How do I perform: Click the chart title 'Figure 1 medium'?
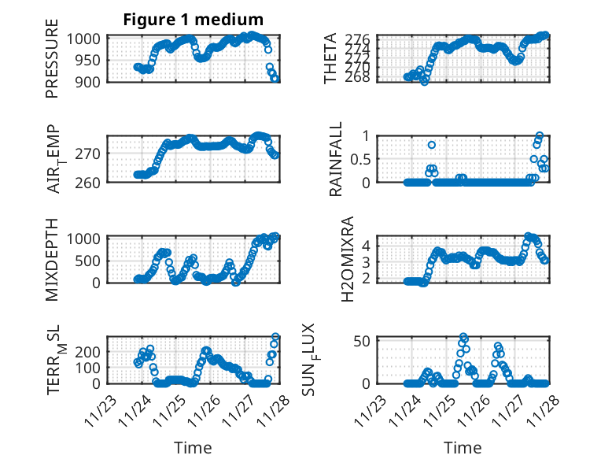tap(193, 19)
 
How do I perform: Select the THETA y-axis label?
tap(331, 59)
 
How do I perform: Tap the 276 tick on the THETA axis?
tap(359, 39)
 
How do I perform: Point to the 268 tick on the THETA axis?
tap(359, 77)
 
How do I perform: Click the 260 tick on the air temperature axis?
tap(90, 182)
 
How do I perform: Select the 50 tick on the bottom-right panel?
tap(363, 340)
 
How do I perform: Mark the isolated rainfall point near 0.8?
tap(432, 145)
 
